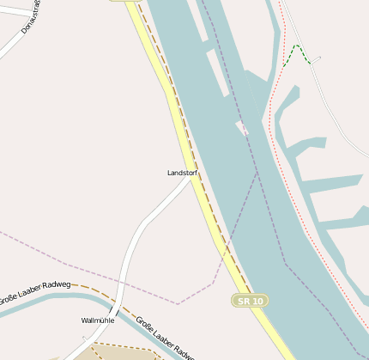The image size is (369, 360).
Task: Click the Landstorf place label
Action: tap(182, 173)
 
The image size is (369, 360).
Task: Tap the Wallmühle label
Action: tap(97, 320)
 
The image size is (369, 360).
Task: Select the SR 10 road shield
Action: tap(249, 300)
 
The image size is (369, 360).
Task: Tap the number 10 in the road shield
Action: tap(256, 300)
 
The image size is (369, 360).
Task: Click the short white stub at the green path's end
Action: tap(316, 60)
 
